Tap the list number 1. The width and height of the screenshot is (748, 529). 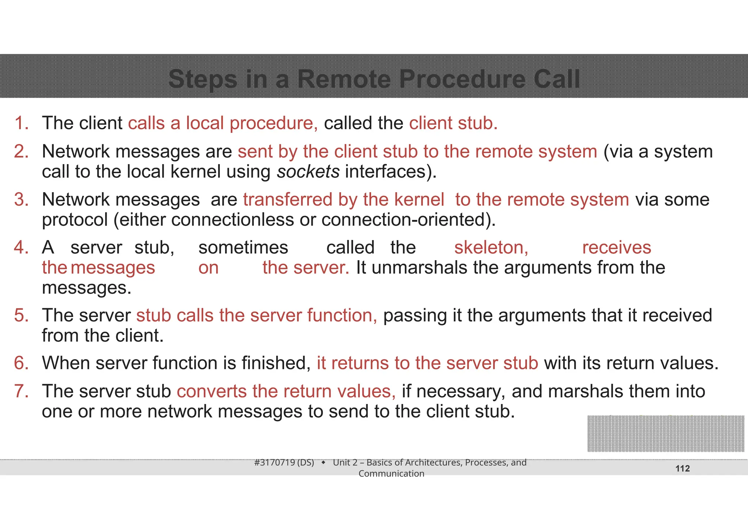tap(21, 123)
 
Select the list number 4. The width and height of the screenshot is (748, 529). tap(21, 248)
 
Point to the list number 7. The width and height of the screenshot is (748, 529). tap(21, 391)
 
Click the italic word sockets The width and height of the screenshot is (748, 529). tap(308, 172)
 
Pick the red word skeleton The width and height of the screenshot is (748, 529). tap(491, 248)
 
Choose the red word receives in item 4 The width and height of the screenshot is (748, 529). tap(616, 248)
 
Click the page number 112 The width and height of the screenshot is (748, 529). tap(682, 469)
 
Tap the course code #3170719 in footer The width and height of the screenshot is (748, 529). tap(275, 463)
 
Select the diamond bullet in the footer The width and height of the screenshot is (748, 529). tap(323, 463)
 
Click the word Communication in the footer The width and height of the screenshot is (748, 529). tap(391, 474)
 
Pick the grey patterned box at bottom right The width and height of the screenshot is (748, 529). tap(665, 434)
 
